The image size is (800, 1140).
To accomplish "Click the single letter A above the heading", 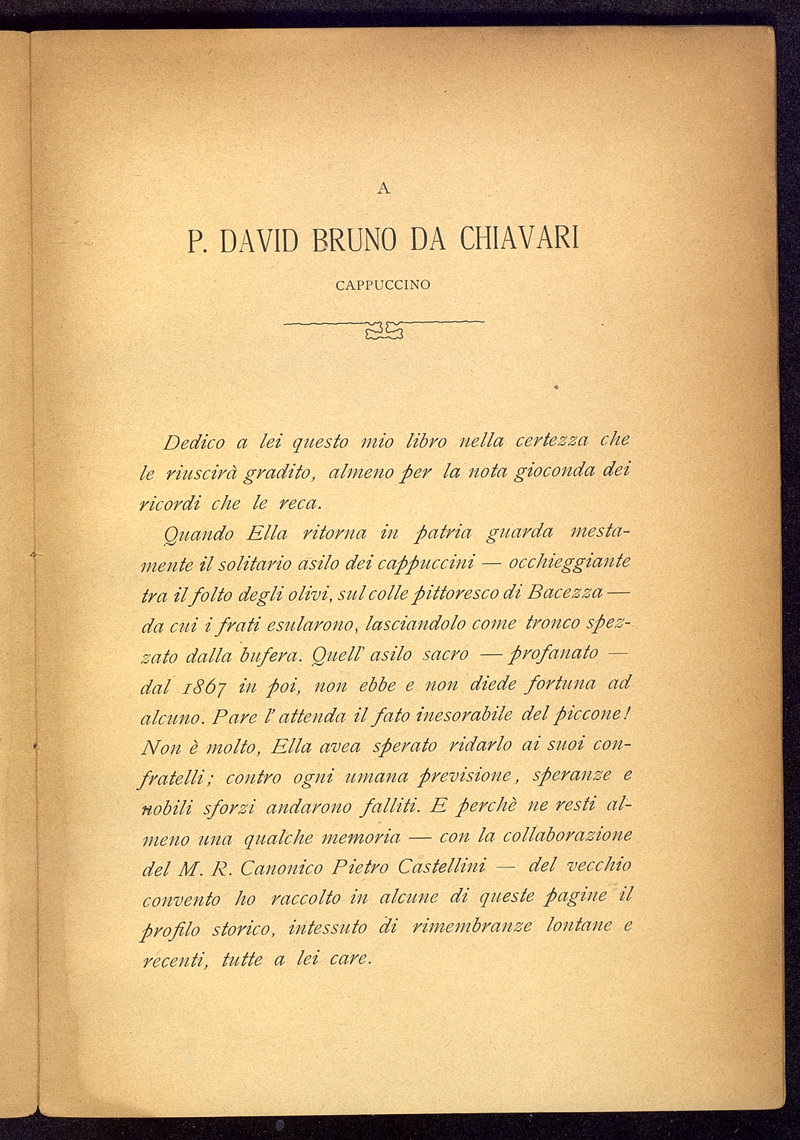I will [x=383, y=189].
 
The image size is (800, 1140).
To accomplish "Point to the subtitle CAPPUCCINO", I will [x=383, y=285].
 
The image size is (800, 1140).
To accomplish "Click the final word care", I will [x=349, y=959].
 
